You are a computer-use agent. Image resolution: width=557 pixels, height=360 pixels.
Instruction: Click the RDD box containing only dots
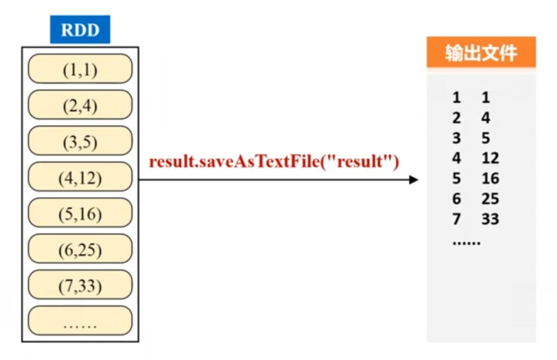coord(80,322)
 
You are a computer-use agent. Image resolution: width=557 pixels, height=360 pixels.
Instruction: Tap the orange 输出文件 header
coord(481,53)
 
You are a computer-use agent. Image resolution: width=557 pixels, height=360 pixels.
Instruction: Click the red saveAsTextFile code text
coord(274,162)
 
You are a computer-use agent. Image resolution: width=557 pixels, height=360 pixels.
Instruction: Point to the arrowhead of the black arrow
coord(414,180)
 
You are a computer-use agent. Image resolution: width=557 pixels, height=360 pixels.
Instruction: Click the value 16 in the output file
coord(490,179)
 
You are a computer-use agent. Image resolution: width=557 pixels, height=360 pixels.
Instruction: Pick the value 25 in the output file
coord(490,199)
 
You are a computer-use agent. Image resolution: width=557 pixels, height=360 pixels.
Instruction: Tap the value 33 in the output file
coord(490,219)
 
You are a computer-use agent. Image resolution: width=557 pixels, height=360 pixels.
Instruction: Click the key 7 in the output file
coord(456,219)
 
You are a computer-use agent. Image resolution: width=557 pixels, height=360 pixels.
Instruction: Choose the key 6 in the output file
coord(456,199)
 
